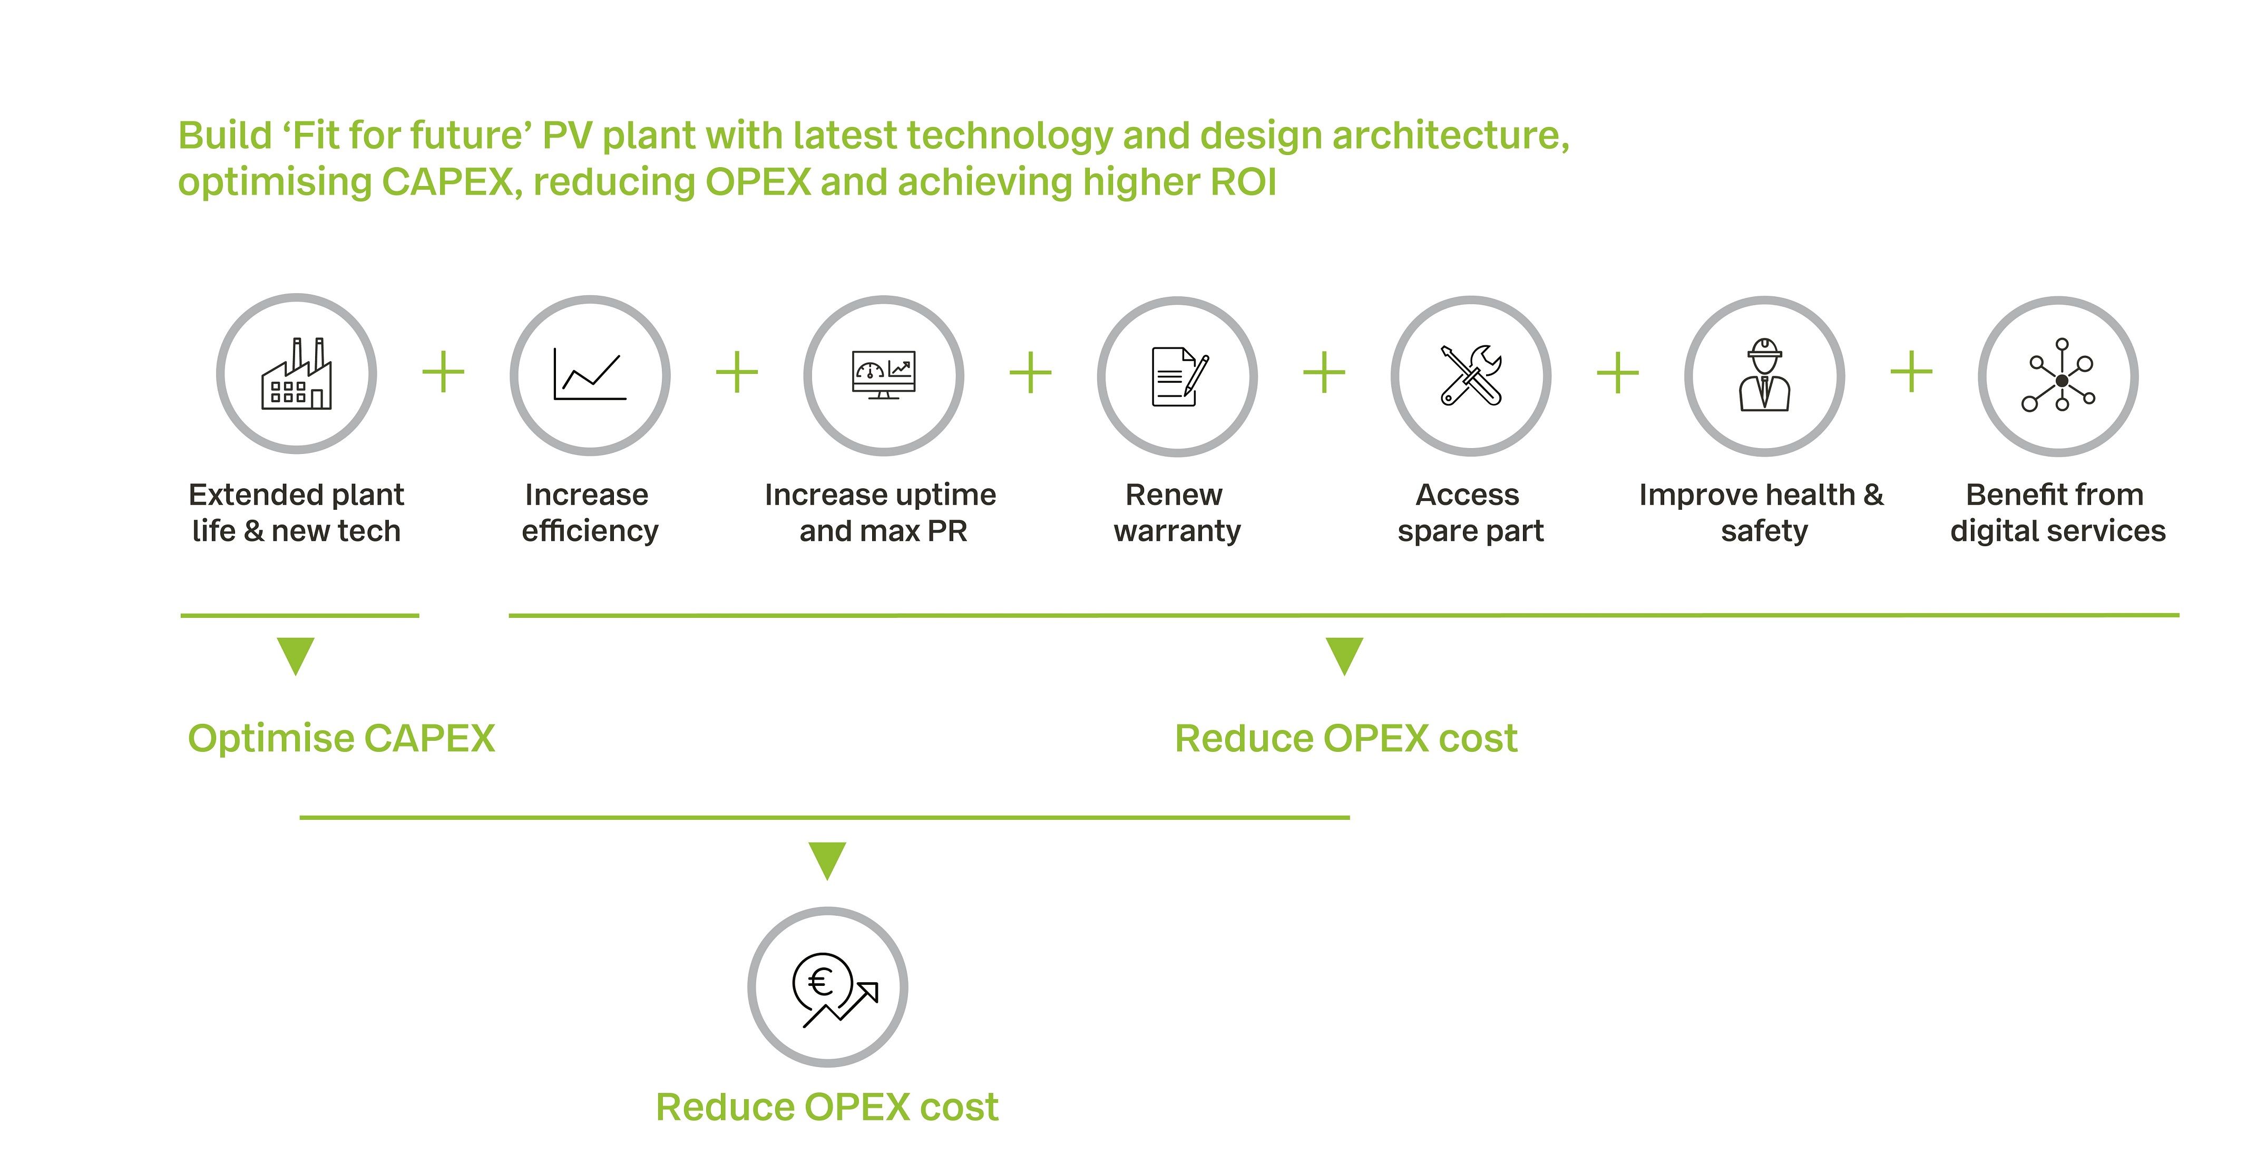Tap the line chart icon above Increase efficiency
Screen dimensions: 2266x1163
[589, 375]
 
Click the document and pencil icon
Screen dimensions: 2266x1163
[1179, 376]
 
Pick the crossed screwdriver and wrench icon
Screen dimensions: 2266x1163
[1471, 375]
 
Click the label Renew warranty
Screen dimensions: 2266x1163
[1176, 513]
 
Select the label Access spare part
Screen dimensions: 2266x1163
[1470, 513]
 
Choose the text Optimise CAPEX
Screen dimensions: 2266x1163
[341, 738]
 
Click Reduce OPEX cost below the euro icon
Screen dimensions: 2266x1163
[827, 1107]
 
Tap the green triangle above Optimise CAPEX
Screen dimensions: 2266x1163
[296, 655]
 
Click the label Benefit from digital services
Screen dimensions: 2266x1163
[2057, 513]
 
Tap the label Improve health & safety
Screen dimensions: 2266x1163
[1762, 513]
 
